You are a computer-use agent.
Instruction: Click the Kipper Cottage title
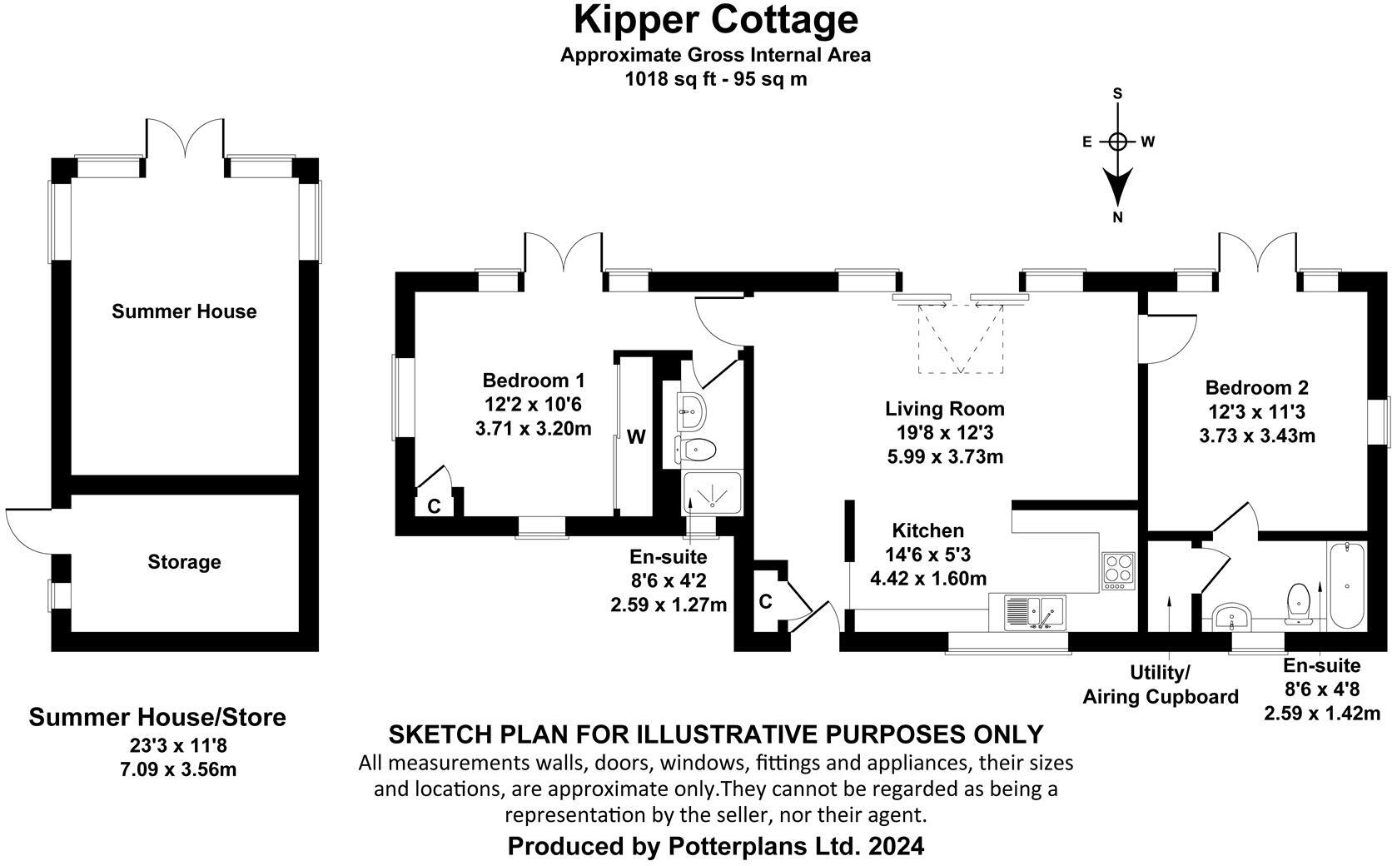tap(715, 21)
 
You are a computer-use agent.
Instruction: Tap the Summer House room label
tap(184, 311)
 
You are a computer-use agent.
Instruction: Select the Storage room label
tap(184, 562)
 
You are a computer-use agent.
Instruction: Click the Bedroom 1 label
tap(533, 380)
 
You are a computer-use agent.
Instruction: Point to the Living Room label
tap(945, 409)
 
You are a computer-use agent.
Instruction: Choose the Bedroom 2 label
tap(1256, 387)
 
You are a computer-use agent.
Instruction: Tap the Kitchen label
tap(927, 530)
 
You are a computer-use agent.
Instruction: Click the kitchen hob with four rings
tap(1119, 570)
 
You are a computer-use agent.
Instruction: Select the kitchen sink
tap(1035, 612)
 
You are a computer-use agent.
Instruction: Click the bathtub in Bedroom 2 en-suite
tap(1345, 587)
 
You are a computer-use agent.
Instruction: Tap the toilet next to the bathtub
tap(1298, 603)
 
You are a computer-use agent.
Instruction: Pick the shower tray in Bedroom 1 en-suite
tap(712, 493)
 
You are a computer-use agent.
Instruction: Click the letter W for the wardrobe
tap(636, 437)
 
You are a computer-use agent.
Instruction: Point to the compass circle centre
tap(1117, 142)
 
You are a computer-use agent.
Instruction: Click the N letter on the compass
tap(1117, 217)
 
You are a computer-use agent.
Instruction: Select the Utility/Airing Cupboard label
tap(1161, 684)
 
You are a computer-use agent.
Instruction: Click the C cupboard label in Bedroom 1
tap(434, 506)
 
